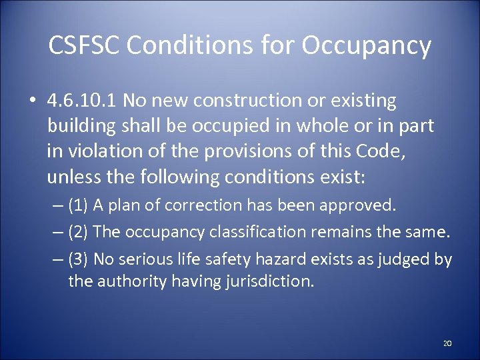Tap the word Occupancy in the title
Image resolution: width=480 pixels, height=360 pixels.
point(366,47)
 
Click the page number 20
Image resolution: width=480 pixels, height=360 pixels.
point(447,343)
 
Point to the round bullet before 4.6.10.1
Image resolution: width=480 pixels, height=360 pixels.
point(32,102)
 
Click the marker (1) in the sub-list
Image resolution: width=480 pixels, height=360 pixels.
point(80,205)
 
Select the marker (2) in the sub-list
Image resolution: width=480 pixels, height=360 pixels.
point(80,232)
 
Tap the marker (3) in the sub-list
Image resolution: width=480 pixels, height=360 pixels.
point(80,259)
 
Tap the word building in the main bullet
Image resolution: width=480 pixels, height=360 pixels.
point(80,127)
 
